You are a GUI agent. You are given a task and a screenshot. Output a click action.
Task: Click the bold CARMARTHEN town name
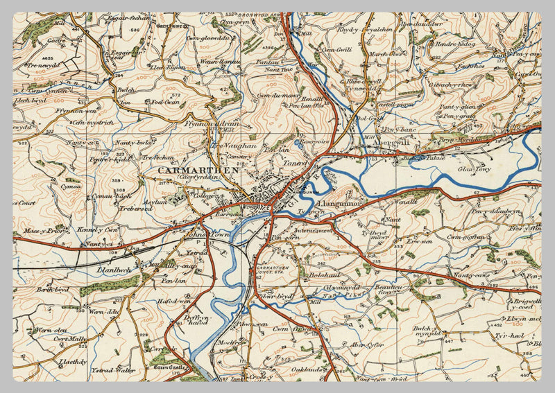coord(198,170)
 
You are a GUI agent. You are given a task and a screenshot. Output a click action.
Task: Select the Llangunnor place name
coord(340,204)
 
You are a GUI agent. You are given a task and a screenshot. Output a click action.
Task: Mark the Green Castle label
coord(170,368)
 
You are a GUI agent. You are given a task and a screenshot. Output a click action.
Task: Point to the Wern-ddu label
coord(105,312)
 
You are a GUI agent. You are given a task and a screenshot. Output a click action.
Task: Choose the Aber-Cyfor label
coord(367,344)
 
